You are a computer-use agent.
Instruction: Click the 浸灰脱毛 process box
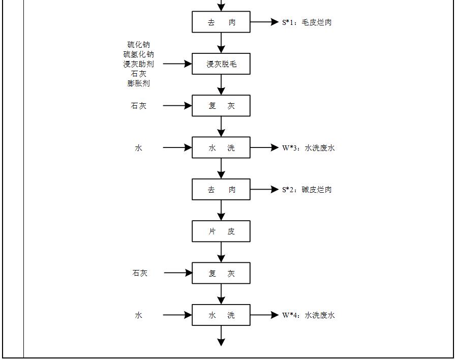(x=221, y=64)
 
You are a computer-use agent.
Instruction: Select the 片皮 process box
(x=221, y=231)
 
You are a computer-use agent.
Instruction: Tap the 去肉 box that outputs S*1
(x=221, y=22)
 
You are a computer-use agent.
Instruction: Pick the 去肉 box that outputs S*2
(x=221, y=190)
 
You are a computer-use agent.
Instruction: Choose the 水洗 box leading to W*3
(x=221, y=148)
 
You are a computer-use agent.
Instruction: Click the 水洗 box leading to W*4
(x=221, y=315)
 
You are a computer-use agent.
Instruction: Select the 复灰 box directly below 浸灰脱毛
(x=221, y=106)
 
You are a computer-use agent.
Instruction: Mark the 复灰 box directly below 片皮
(x=221, y=273)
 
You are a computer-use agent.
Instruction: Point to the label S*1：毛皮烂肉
(x=307, y=22)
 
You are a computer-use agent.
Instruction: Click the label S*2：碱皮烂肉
(x=307, y=190)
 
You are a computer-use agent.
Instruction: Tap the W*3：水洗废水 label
(x=309, y=148)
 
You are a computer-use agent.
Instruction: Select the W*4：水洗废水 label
(x=309, y=315)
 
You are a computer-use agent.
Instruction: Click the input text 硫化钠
(x=139, y=45)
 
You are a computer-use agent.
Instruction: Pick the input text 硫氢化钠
(x=139, y=54)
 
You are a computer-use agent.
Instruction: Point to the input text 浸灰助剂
(x=139, y=64)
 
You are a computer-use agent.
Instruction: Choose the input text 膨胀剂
(x=139, y=83)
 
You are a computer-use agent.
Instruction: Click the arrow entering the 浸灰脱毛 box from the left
(x=177, y=64)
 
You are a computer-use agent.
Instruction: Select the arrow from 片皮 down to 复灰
(x=221, y=252)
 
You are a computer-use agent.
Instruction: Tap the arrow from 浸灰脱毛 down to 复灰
(x=221, y=85)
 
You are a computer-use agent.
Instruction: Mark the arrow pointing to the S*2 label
(x=264, y=190)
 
